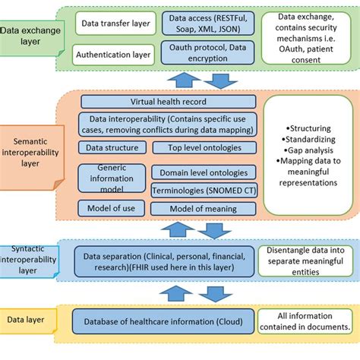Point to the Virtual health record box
coord(168,102)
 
